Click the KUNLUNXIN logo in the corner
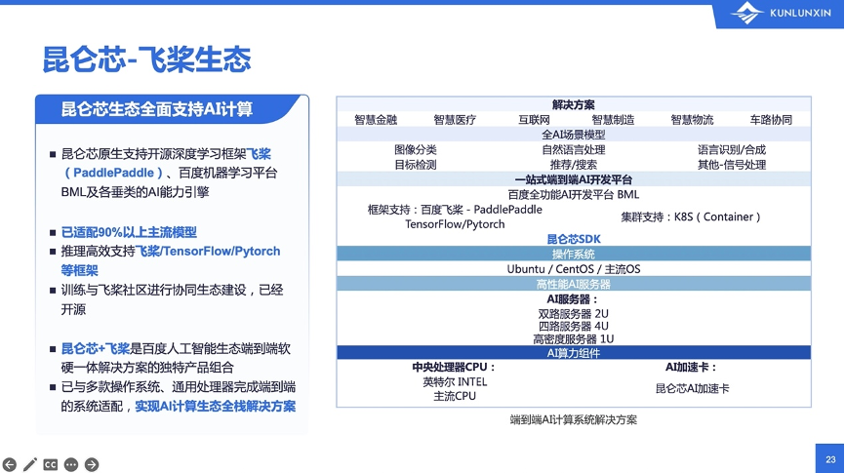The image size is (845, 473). point(781,13)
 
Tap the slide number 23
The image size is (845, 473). point(830,459)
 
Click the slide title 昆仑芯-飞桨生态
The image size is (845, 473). point(146,59)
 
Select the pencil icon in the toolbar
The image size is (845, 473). point(30,464)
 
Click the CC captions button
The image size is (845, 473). point(50,464)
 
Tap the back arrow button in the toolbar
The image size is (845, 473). point(10,464)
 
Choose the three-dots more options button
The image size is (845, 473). point(71,464)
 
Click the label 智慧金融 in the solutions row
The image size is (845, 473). point(376,120)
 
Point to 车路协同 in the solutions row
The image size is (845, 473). point(771,120)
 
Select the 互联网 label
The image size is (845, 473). point(534,120)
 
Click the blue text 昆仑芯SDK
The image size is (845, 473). point(574,239)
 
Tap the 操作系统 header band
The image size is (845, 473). point(574,254)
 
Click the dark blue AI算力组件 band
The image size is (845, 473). point(574,353)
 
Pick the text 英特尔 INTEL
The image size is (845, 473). point(455,382)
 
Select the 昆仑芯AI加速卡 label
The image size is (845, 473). point(693,388)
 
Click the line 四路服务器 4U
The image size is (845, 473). point(574,326)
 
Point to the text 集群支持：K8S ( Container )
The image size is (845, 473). point(691,217)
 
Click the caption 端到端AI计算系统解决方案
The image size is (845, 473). point(574,419)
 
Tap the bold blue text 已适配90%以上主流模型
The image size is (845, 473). point(129,232)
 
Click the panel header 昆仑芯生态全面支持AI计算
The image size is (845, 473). point(157,109)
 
